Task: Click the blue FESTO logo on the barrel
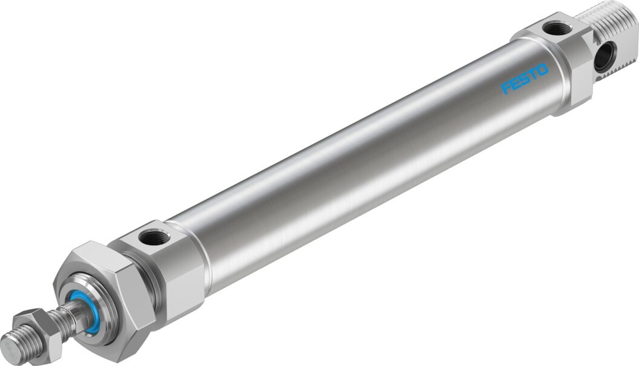click(x=525, y=78)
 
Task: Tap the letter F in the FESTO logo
click(x=506, y=89)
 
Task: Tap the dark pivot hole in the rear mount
click(x=603, y=57)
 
